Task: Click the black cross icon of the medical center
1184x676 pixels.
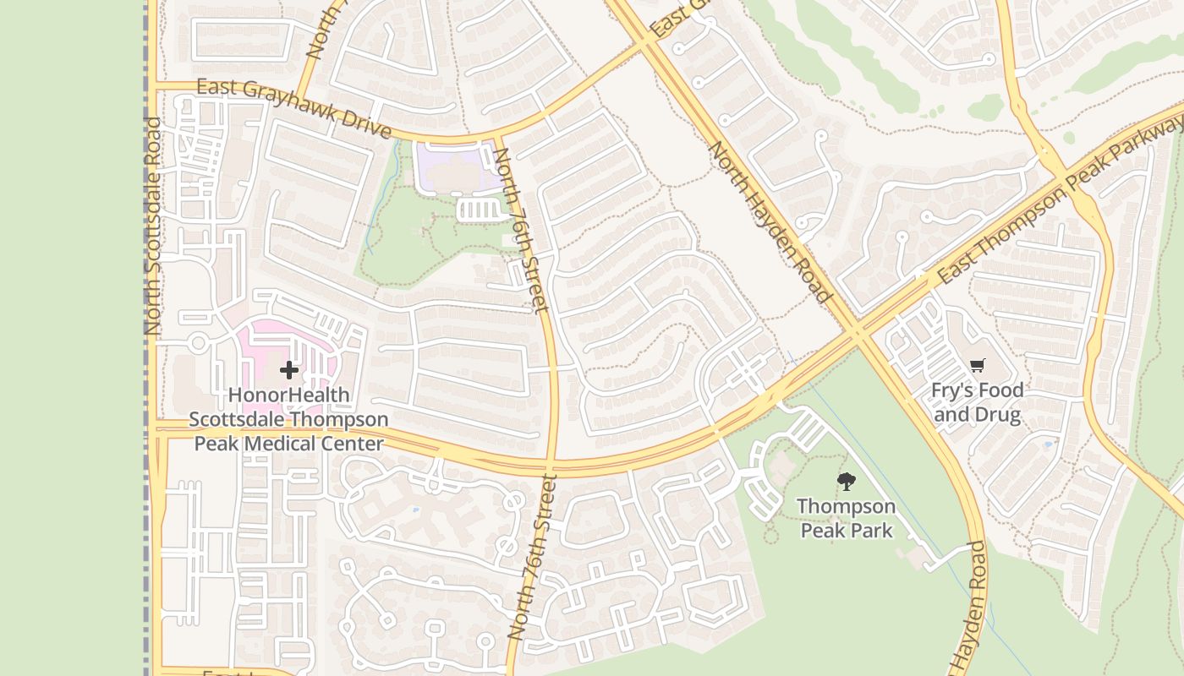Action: tap(289, 370)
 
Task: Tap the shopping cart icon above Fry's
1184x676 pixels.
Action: tap(978, 366)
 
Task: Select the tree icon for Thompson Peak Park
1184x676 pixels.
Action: tap(846, 482)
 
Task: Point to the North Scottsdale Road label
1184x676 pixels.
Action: tap(152, 226)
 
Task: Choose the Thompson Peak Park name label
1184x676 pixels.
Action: tap(846, 518)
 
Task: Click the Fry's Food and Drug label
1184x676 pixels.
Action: tap(978, 402)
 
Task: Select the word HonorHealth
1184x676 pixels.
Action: tap(288, 395)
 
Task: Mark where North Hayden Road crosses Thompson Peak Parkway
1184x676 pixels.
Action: tap(859, 333)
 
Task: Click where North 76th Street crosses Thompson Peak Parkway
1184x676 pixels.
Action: tap(551, 465)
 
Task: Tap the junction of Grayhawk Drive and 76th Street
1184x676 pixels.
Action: tap(496, 138)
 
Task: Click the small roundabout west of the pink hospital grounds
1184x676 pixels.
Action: tap(199, 343)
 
